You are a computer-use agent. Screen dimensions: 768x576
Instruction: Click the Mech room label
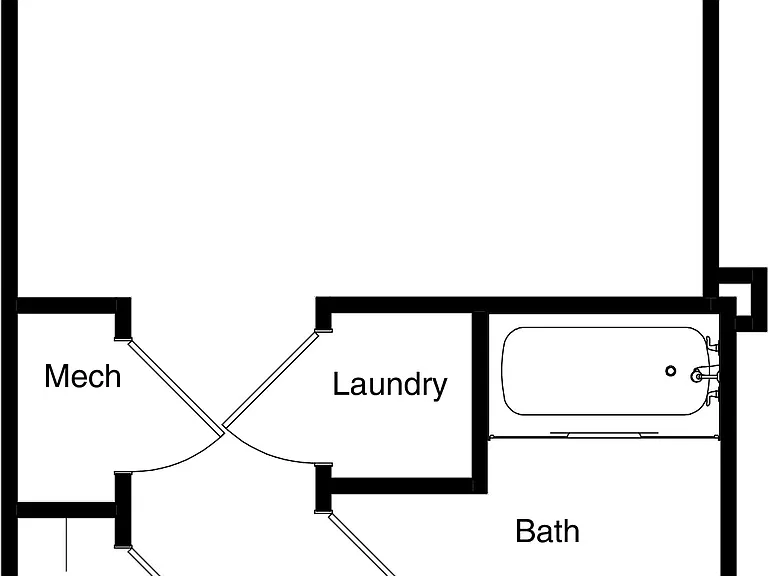(82, 376)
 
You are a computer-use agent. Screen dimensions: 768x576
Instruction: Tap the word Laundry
(390, 385)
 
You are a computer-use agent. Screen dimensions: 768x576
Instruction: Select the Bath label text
(548, 531)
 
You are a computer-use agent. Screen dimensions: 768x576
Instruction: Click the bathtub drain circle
(671, 371)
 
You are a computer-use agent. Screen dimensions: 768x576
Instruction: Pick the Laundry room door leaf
(271, 379)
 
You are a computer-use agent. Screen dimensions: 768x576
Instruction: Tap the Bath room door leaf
(361, 545)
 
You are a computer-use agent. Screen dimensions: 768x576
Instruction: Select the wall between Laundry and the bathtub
(480, 402)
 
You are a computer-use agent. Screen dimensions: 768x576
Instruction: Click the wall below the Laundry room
(402, 485)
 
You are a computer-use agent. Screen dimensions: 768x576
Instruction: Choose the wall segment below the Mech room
(67, 509)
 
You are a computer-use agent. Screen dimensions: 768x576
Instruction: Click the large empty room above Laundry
(360, 147)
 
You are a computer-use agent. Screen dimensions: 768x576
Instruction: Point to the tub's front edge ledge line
(604, 435)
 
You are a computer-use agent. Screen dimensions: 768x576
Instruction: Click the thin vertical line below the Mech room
(67, 546)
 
